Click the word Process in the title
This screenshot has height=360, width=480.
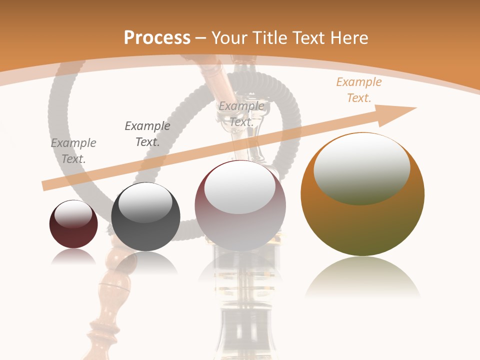tap(157, 38)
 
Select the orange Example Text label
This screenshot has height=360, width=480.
tap(359, 90)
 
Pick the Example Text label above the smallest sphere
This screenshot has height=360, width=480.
tap(73, 151)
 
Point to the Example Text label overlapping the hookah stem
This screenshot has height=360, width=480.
tap(241, 114)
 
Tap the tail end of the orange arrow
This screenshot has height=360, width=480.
tap(46, 185)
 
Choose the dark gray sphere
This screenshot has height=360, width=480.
tap(145, 230)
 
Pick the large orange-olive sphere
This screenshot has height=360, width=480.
tap(362, 225)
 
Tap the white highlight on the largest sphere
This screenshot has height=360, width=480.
tap(361, 167)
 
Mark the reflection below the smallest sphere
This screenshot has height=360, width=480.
tap(73, 257)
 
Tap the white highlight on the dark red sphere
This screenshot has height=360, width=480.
tap(73, 214)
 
